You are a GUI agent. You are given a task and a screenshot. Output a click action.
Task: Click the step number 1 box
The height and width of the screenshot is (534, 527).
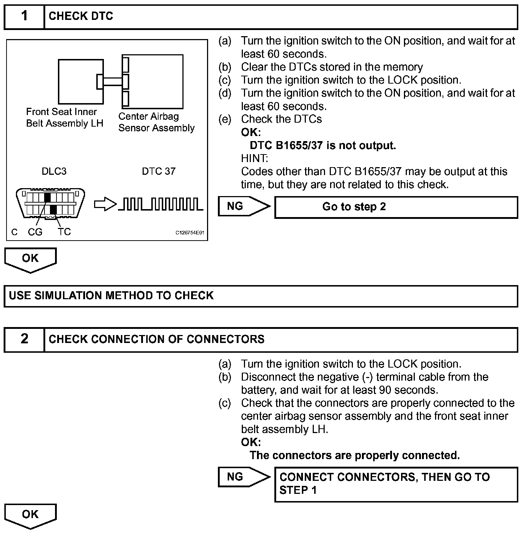(24, 17)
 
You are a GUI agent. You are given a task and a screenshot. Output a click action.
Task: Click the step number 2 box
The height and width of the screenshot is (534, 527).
(24, 339)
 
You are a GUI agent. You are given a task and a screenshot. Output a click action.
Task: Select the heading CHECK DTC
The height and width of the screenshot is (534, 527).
(81, 16)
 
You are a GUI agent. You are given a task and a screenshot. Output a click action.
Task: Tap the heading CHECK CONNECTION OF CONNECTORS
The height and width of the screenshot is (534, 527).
(156, 339)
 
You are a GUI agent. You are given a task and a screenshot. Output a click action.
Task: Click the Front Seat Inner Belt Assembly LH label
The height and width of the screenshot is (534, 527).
(64, 118)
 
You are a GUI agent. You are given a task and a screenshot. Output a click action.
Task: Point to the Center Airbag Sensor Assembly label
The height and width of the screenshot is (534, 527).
(156, 122)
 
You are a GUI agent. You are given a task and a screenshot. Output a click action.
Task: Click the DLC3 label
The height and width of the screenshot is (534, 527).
(54, 171)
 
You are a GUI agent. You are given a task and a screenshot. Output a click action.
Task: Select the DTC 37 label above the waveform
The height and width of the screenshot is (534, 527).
(159, 171)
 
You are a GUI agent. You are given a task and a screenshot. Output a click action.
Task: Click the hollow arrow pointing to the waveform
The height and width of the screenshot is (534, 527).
(105, 205)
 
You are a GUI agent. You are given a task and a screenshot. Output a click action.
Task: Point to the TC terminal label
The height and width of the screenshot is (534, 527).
(64, 232)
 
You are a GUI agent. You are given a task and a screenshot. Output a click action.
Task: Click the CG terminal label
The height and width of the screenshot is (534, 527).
(35, 232)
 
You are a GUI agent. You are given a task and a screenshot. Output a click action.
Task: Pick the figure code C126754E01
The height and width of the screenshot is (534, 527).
(190, 233)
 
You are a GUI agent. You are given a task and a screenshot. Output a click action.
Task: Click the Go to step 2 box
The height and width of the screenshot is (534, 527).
(396, 207)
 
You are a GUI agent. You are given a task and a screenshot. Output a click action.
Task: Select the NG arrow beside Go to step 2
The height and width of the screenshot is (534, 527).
(244, 207)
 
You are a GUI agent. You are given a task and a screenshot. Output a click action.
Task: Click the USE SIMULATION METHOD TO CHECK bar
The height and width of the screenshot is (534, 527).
(261, 296)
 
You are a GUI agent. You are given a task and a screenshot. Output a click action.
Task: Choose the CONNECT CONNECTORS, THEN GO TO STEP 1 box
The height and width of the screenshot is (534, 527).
(396, 484)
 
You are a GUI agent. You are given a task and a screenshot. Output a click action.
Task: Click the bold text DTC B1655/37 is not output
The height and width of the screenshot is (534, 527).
(323, 145)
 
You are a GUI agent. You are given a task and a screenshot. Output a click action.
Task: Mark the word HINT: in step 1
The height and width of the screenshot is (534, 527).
(254, 158)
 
